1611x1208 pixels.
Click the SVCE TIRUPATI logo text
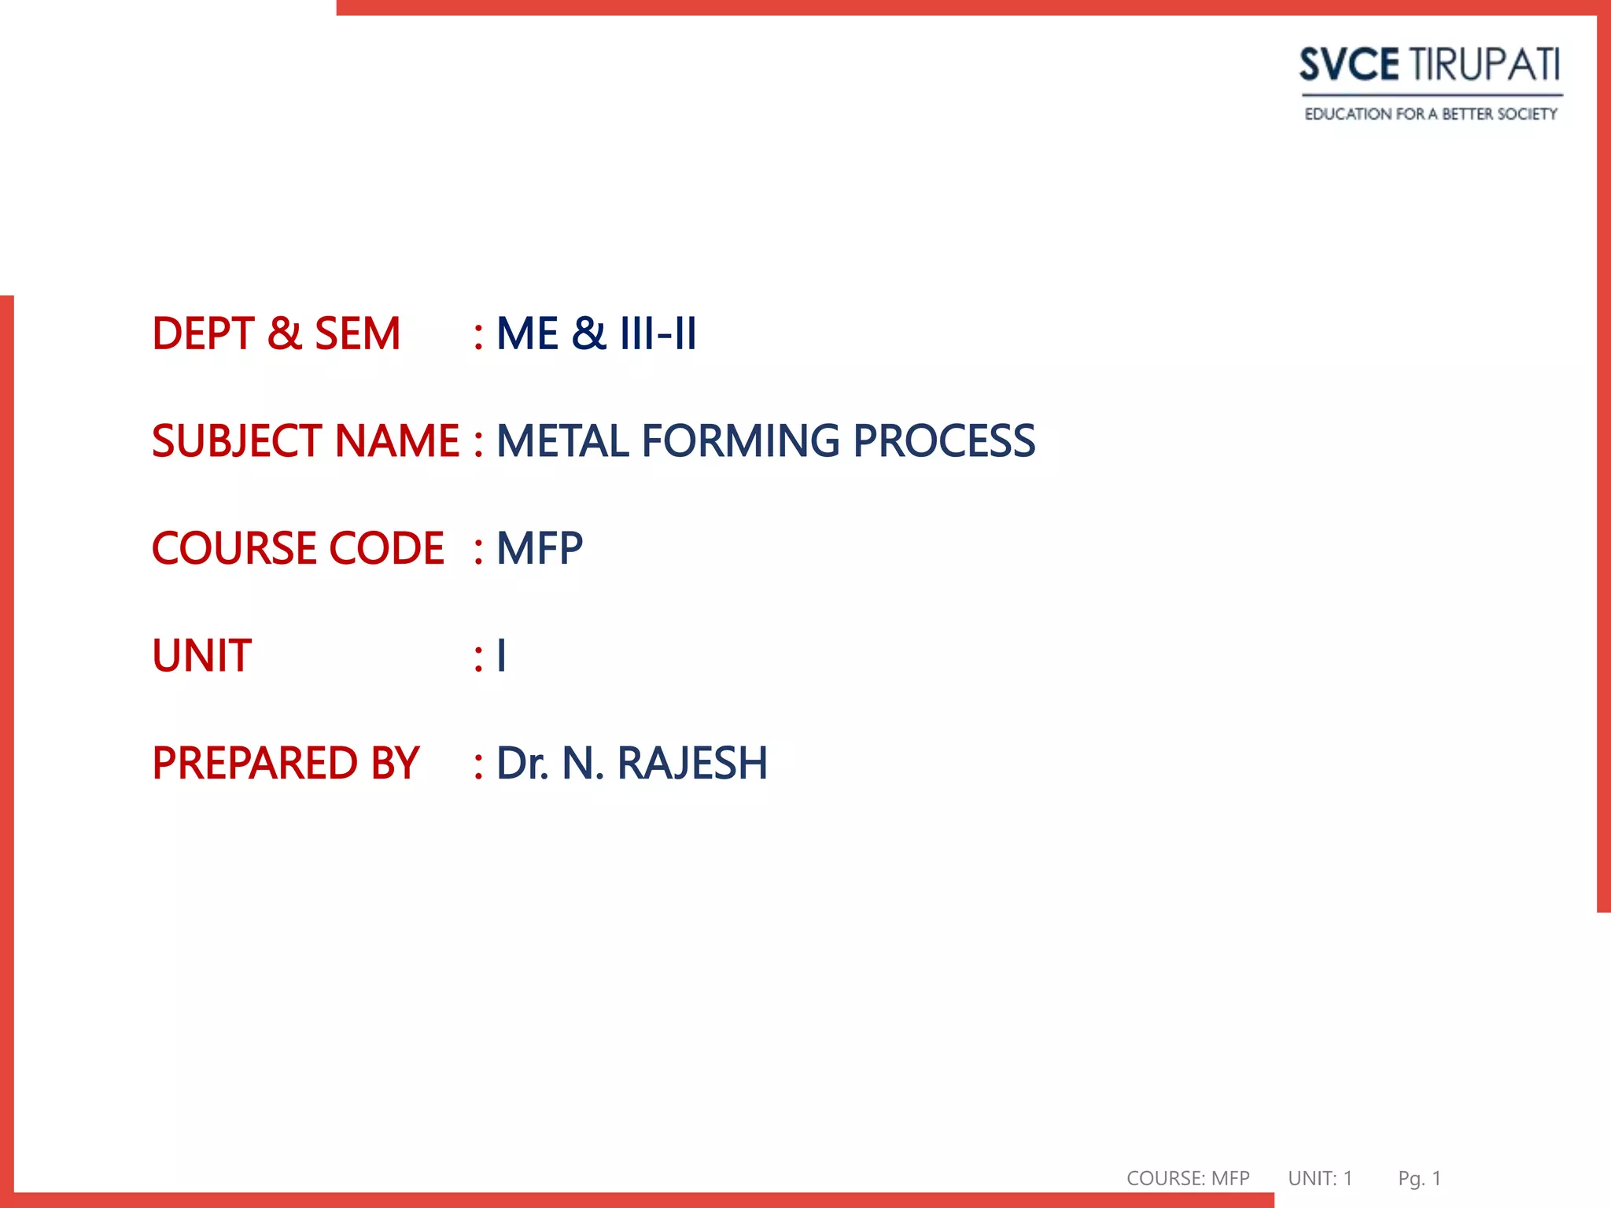point(1429,64)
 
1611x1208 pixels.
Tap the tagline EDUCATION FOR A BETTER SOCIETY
point(1431,114)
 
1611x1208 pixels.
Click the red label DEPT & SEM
point(276,333)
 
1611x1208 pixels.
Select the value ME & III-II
point(596,333)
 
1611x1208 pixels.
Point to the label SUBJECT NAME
point(305,440)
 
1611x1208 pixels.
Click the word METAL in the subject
point(562,440)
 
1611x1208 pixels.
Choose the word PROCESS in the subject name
point(944,440)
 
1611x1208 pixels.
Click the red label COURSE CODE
point(298,548)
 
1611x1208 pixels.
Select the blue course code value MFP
point(540,548)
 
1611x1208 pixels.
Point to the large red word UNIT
point(202,656)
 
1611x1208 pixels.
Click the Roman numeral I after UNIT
point(502,656)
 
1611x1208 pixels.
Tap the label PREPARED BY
point(286,763)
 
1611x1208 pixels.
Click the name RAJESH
point(692,763)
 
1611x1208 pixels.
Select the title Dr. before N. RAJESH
point(522,763)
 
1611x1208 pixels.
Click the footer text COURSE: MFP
point(1188,1178)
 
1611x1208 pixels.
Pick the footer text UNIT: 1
point(1320,1178)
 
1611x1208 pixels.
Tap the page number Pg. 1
point(1419,1178)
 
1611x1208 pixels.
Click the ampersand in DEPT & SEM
point(284,333)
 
